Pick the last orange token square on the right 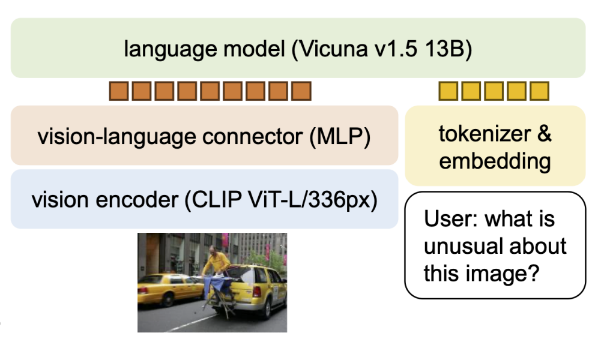pos(301,91)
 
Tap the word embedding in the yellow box pos(495,161)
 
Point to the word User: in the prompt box pos(451,219)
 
